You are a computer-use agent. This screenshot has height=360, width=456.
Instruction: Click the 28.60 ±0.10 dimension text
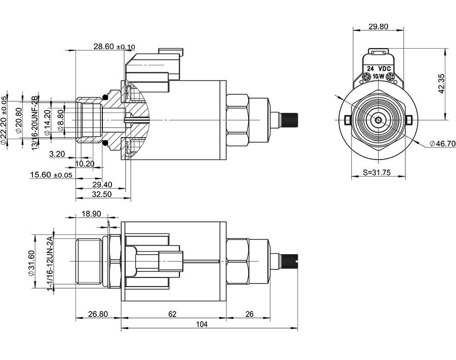click(114, 47)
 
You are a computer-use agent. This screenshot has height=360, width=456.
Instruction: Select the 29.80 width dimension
click(378, 26)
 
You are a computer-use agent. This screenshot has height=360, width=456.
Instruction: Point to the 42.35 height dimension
click(441, 84)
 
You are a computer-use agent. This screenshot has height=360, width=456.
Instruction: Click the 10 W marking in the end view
click(378, 77)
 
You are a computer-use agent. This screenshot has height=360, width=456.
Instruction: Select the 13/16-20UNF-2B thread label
click(35, 122)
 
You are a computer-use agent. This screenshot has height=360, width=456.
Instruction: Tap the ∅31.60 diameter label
click(31, 263)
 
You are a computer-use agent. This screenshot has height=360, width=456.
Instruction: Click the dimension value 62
click(172, 314)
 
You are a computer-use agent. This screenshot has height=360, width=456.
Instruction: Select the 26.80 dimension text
click(98, 314)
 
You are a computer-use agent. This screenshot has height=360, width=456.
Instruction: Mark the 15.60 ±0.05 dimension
click(51, 175)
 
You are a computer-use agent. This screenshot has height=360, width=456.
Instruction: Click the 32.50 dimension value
click(102, 194)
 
